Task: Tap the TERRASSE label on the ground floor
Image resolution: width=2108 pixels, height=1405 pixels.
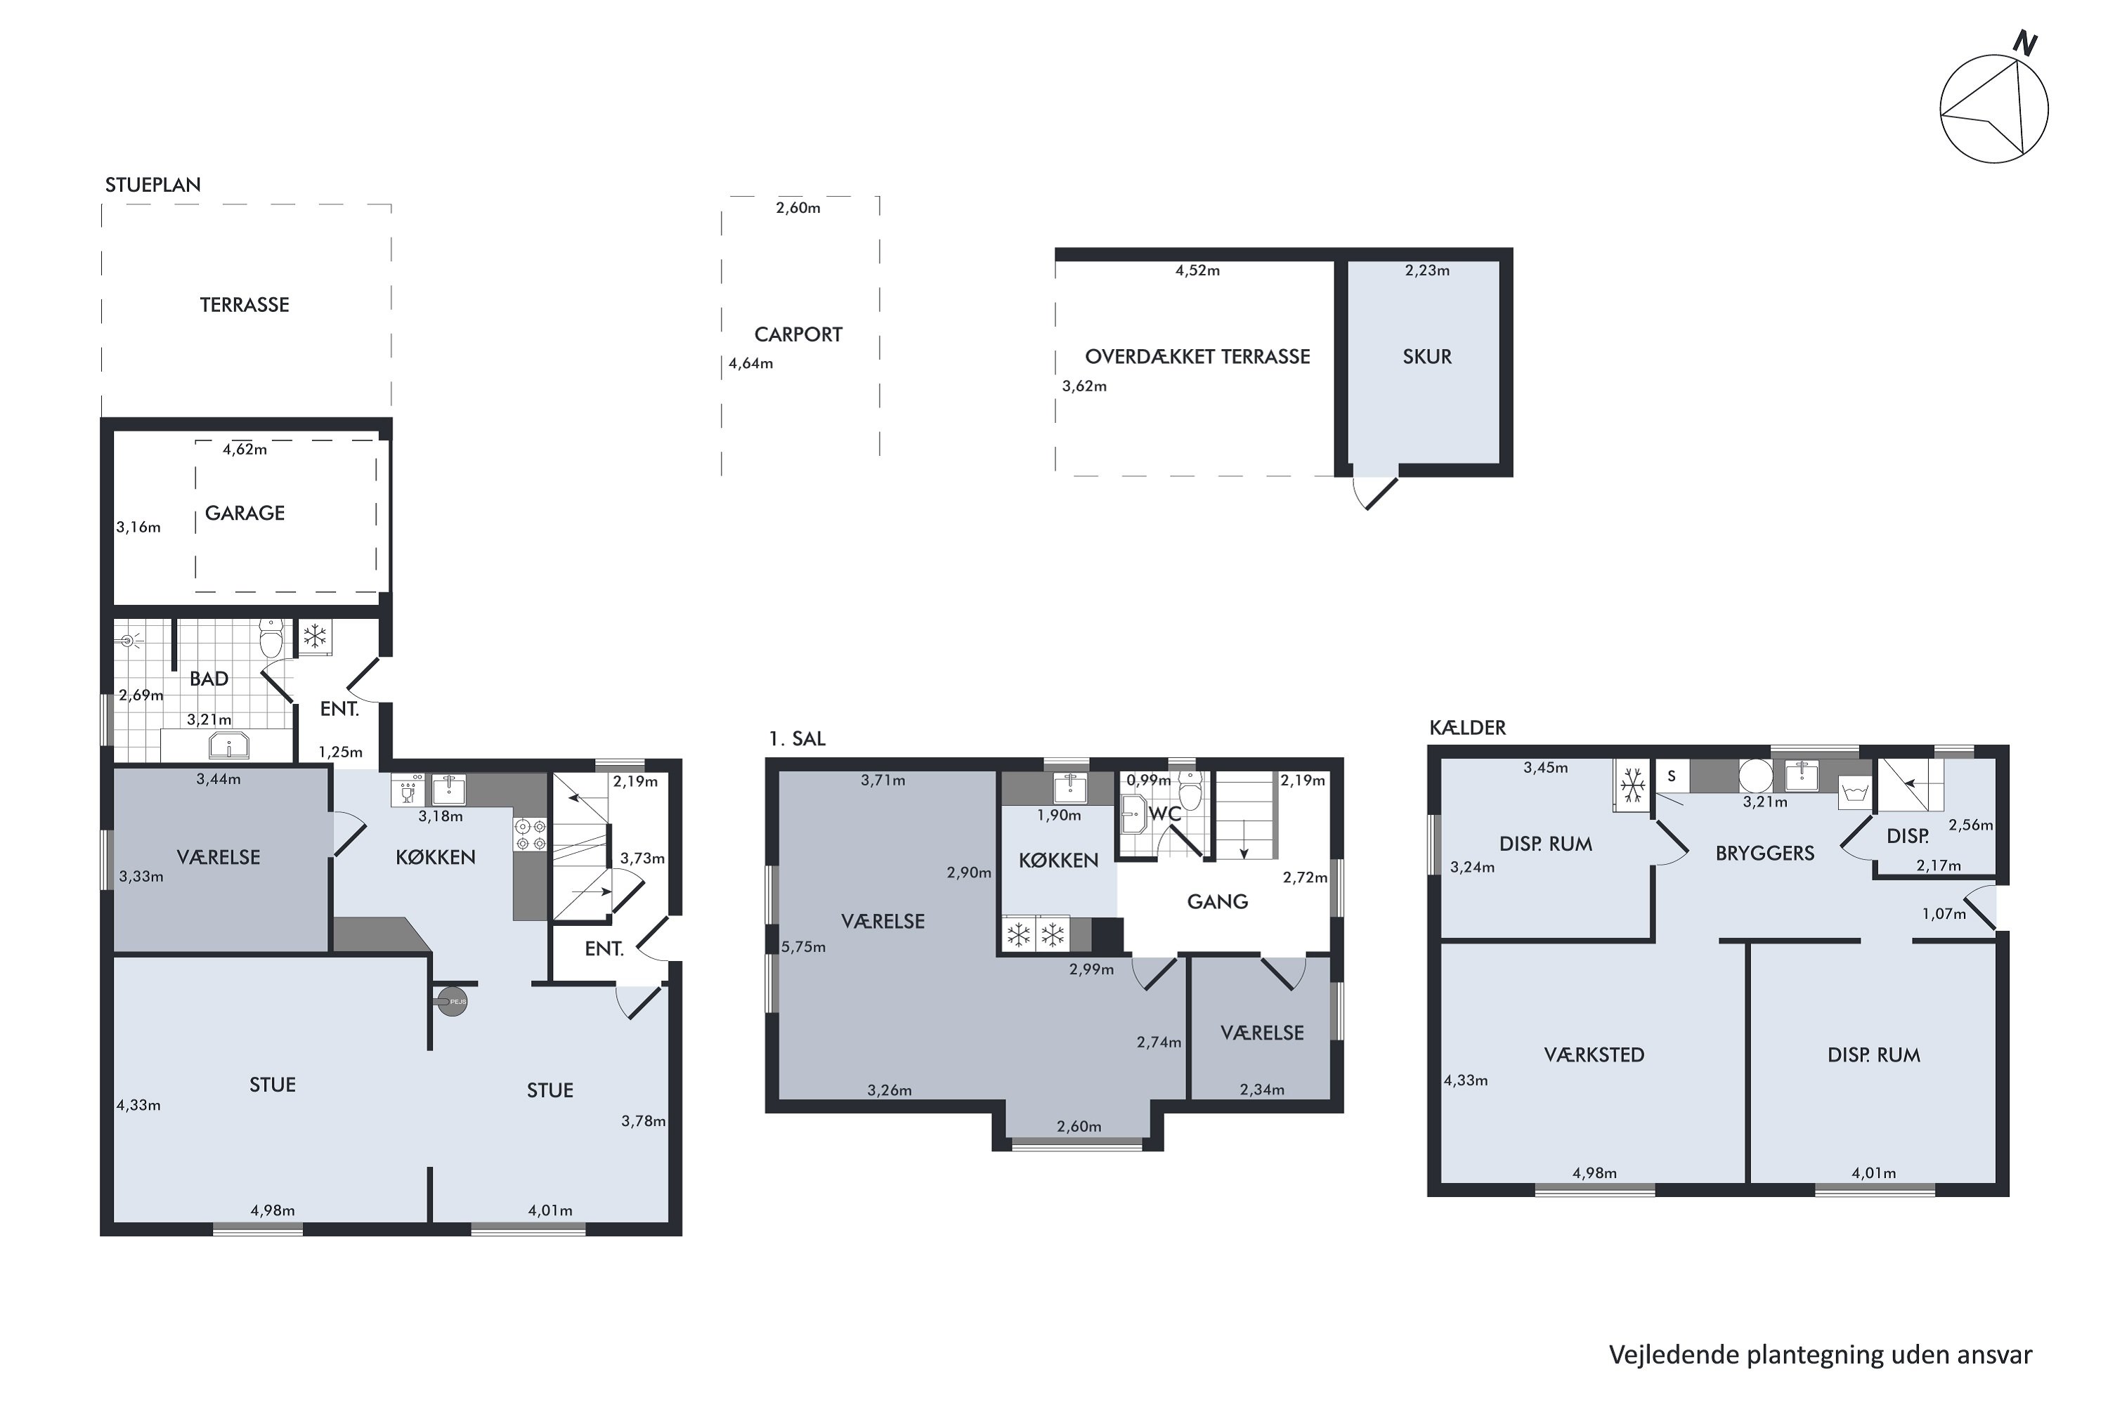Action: coord(245,305)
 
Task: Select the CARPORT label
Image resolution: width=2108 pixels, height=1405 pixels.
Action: coord(798,334)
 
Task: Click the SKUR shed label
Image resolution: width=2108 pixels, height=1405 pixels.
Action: coord(1427,357)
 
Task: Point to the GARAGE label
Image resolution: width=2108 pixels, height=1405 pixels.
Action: coord(245,513)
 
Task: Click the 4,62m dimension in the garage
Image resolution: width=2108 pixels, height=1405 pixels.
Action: coord(245,450)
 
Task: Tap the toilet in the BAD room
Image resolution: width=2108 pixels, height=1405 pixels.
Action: coord(271,637)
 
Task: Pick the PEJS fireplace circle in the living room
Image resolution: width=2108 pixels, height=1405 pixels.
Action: coord(453,1001)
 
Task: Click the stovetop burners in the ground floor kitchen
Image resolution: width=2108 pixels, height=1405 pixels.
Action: coord(530,835)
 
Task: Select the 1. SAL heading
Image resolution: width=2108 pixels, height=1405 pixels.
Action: coord(797,739)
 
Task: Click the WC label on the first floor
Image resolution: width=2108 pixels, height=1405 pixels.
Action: coord(1165,813)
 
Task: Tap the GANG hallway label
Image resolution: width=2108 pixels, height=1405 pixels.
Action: coord(1217,901)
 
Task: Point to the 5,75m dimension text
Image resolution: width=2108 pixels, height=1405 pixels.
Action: coord(803,947)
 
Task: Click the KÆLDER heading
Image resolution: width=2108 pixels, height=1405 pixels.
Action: coord(1467,728)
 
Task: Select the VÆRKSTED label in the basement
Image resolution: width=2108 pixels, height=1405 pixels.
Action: coord(1594,1054)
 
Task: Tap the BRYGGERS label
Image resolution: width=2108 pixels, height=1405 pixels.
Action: coord(1764,853)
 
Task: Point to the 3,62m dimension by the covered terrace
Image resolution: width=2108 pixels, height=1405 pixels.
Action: coord(1084,386)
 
